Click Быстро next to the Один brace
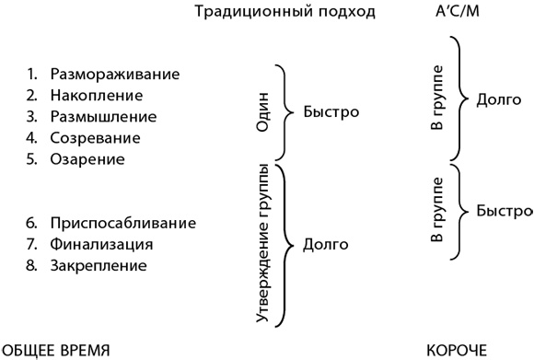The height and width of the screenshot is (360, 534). pyautogui.click(x=330, y=112)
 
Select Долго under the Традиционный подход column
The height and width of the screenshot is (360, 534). pyautogui.click(x=325, y=245)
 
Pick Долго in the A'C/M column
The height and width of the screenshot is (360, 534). pyautogui.click(x=499, y=99)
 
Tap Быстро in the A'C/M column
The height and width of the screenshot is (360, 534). pyautogui.click(x=504, y=210)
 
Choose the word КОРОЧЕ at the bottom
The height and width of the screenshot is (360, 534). pyautogui.click(x=456, y=350)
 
